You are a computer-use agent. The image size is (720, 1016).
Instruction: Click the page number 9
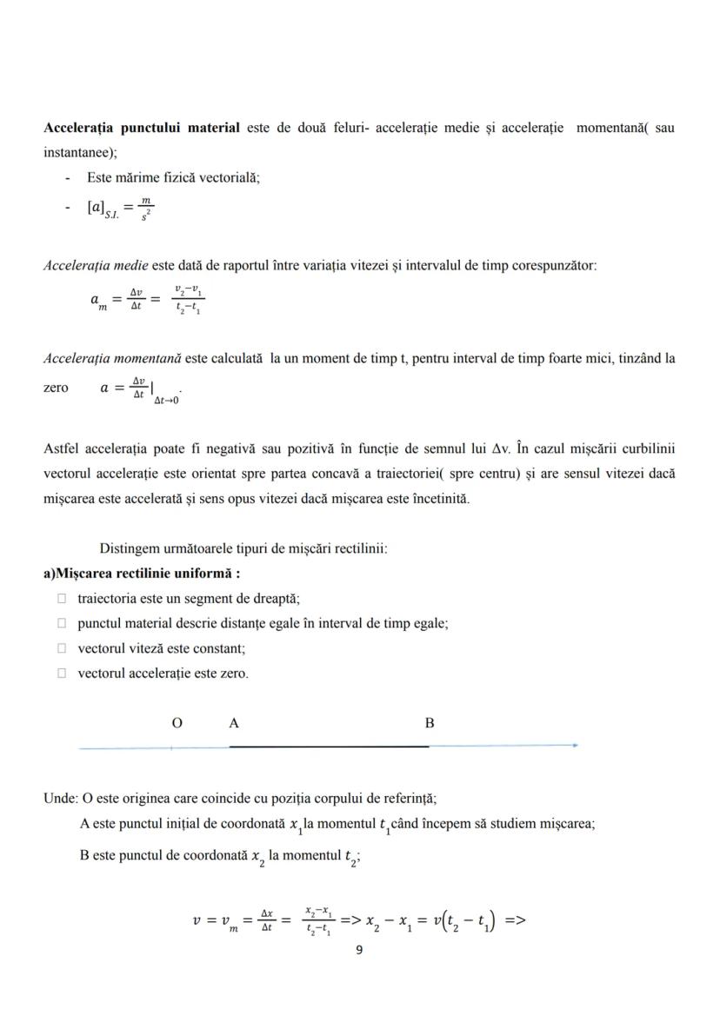pyautogui.click(x=360, y=950)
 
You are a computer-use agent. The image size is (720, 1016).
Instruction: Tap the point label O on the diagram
pyautogui.click(x=177, y=723)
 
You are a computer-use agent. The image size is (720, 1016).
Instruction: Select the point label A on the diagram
pyautogui.click(x=234, y=723)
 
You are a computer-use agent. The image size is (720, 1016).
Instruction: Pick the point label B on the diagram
pyautogui.click(x=430, y=723)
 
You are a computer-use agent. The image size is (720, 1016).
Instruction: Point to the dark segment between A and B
pyautogui.click(x=329, y=746)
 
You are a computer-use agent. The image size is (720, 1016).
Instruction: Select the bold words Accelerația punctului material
pyautogui.click(x=142, y=128)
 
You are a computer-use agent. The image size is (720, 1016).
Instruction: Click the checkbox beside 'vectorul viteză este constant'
pyautogui.click(x=62, y=648)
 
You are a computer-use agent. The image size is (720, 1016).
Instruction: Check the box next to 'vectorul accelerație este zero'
pyautogui.click(x=62, y=674)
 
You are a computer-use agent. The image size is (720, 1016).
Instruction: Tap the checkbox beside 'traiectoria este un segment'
pyautogui.click(x=62, y=598)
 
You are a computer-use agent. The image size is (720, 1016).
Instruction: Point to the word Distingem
pyautogui.click(x=130, y=548)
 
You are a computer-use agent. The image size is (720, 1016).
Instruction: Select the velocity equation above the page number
pyautogui.click(x=359, y=919)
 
